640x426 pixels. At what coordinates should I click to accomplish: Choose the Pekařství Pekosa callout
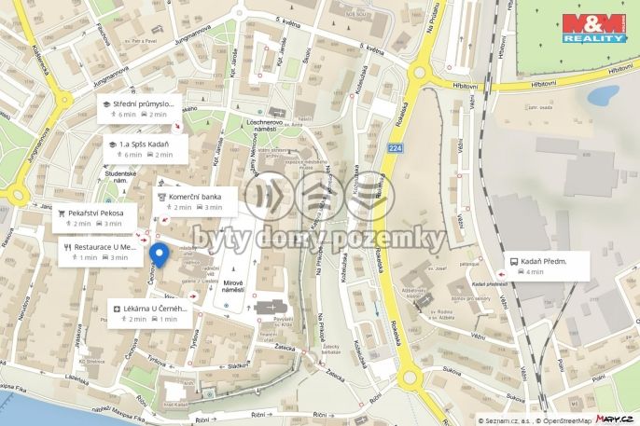[95, 218]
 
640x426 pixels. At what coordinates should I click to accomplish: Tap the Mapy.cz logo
[617, 419]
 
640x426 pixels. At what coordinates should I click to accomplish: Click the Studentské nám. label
[121, 176]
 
